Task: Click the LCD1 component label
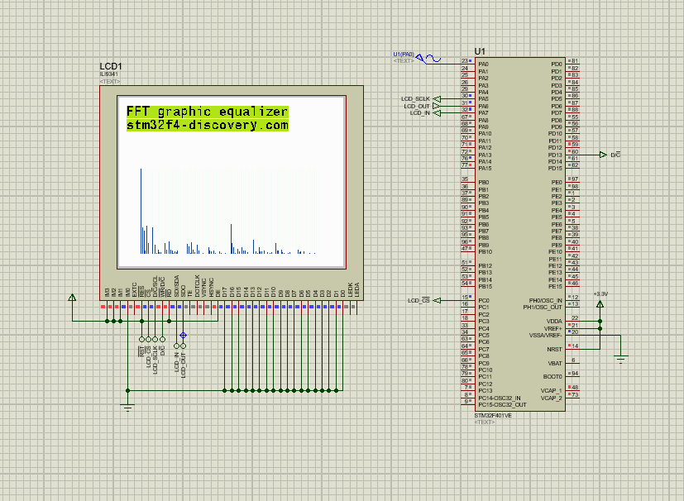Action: [111, 66]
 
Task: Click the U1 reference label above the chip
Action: [480, 51]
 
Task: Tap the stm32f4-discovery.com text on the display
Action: [207, 126]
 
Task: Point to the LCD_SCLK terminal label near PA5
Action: [416, 99]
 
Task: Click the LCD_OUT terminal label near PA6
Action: [417, 106]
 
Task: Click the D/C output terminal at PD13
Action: [615, 155]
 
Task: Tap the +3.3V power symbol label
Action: [600, 294]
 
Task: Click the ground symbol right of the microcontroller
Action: [620, 358]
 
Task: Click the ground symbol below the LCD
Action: [127, 406]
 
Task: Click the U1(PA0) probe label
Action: [404, 54]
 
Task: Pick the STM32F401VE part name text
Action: [486, 415]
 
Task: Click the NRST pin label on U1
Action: [554, 349]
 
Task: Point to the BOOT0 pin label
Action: [552, 376]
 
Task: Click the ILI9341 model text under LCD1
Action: [108, 74]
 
